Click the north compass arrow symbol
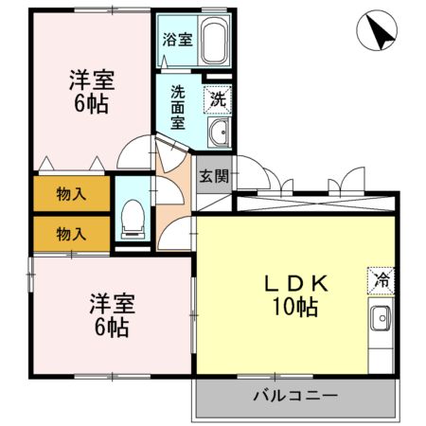(x=379, y=34)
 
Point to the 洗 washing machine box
(x=218, y=98)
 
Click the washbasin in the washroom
(x=218, y=133)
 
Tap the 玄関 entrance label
(x=213, y=175)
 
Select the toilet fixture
(x=133, y=220)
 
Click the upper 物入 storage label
(x=71, y=194)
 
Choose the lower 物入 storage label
(x=71, y=232)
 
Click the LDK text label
(x=295, y=283)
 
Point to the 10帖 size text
(x=295, y=308)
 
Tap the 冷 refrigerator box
(x=380, y=280)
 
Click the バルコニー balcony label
(x=294, y=396)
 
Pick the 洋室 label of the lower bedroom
(x=112, y=304)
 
